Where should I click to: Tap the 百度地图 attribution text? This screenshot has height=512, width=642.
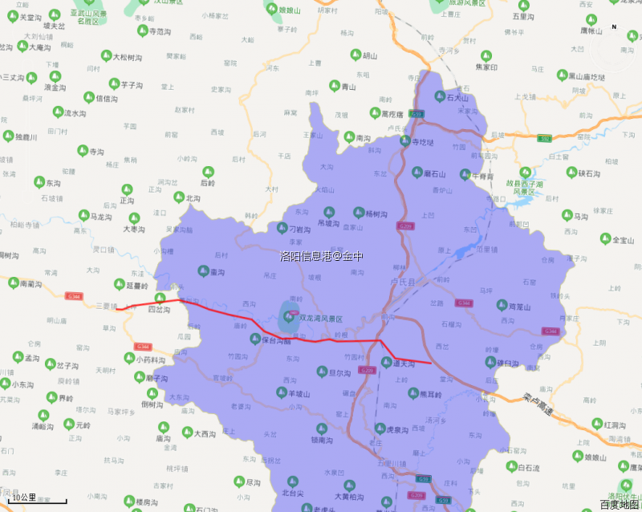coord(620,504)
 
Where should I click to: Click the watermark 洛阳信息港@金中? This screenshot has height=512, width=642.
coord(321,256)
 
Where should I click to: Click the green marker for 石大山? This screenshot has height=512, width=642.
coord(439,96)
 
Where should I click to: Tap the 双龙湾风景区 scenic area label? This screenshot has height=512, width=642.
coord(320,319)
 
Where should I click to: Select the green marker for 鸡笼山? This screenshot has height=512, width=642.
coord(490,306)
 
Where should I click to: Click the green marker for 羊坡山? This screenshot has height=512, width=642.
coord(281,394)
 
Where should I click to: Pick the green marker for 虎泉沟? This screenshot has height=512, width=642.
coord(380,429)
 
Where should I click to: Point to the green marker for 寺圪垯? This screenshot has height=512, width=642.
coord(405,142)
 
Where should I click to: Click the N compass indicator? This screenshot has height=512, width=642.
coord(614,27)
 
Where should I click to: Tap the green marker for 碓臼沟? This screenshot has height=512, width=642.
coord(490,363)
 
